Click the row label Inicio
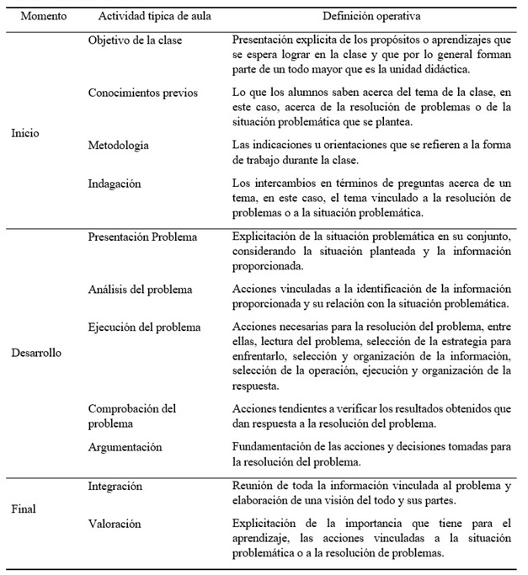[25, 133]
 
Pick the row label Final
[24, 508]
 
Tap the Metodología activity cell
[119, 145]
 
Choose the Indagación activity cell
[115, 183]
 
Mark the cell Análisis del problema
[140, 289]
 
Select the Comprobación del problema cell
[132, 416]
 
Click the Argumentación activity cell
[125, 447]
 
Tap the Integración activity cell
[115, 487]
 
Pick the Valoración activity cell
[115, 524]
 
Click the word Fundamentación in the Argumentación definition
[271, 447]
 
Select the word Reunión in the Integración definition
[252, 487]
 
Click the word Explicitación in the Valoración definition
[268, 524]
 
